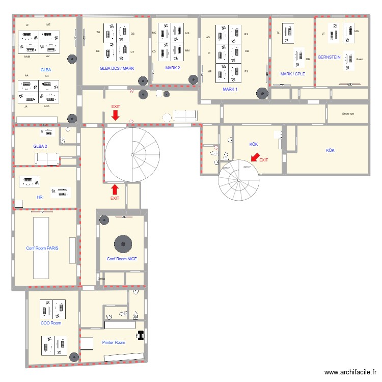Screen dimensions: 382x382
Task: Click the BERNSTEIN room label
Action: [x=329, y=58]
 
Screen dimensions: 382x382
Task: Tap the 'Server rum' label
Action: [x=348, y=114]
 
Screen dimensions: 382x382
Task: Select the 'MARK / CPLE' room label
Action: [x=293, y=74]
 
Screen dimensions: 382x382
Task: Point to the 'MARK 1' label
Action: [x=230, y=89]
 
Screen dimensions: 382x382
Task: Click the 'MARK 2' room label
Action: [x=173, y=68]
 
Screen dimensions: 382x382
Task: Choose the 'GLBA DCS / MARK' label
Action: [x=117, y=68]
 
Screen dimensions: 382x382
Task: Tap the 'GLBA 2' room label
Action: [x=40, y=146]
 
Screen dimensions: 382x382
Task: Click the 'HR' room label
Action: [x=40, y=196]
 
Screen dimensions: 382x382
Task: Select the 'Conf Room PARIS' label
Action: [x=42, y=249]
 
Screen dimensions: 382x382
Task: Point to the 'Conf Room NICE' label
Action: [x=122, y=259]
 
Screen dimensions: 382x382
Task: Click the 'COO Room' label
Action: [x=50, y=323]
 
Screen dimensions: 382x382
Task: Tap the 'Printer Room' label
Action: [x=113, y=342]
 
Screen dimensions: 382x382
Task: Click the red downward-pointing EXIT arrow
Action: [x=116, y=116]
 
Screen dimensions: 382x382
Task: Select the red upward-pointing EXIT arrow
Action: [x=115, y=189]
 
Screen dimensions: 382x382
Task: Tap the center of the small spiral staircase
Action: [x=238, y=179]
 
